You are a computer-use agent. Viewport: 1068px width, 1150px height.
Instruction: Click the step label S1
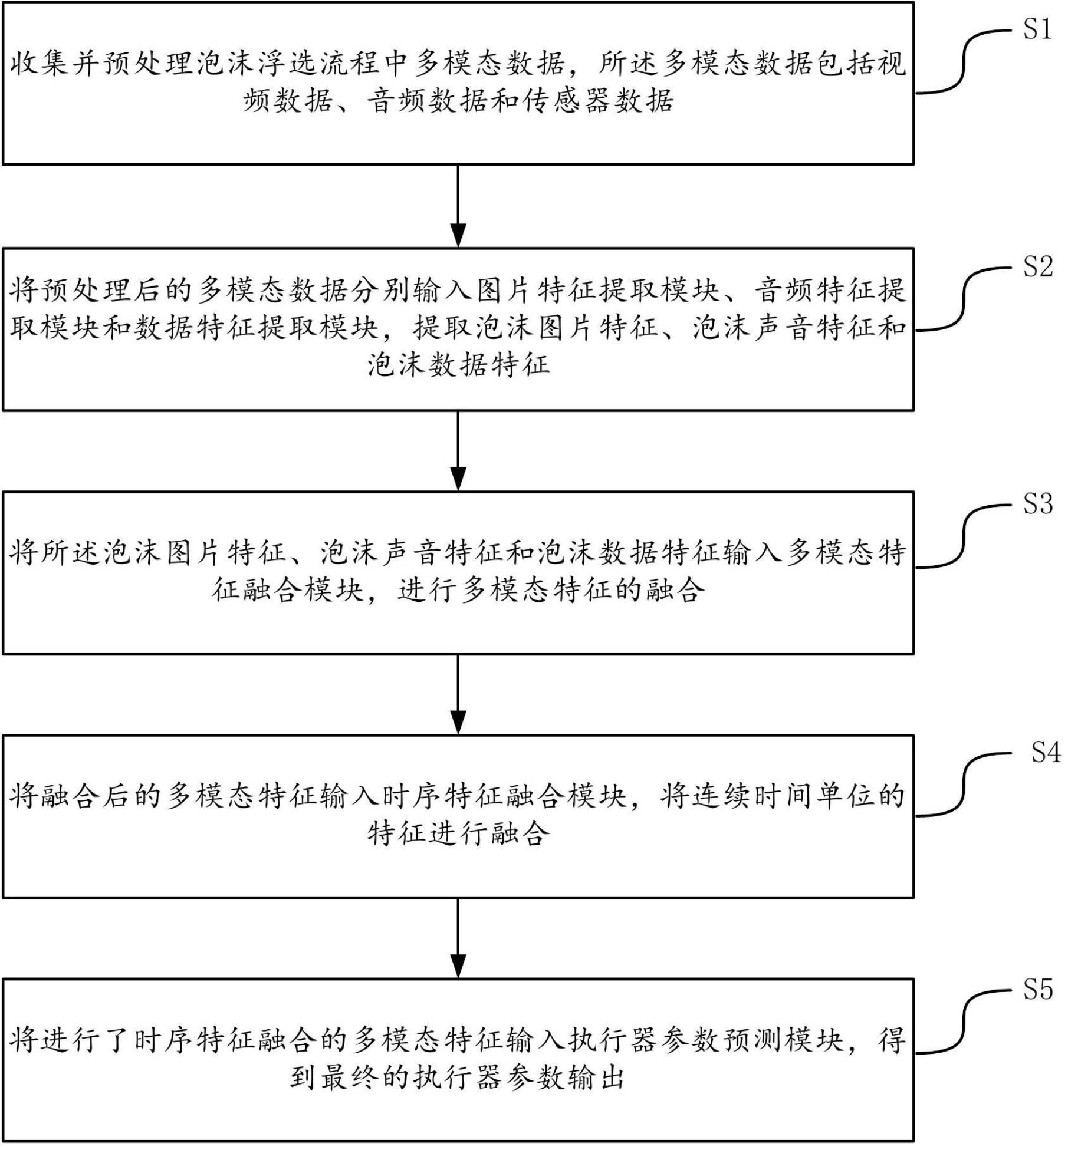click(x=1037, y=29)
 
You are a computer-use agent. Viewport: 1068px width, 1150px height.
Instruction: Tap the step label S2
click(x=1037, y=267)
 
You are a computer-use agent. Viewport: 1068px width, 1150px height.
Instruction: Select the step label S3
click(x=1037, y=505)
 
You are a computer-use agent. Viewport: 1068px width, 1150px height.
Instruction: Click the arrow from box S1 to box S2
click(x=458, y=206)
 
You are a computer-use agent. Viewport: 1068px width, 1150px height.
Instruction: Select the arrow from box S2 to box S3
click(x=458, y=451)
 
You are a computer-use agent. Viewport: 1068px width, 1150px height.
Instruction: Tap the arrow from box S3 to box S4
click(x=458, y=695)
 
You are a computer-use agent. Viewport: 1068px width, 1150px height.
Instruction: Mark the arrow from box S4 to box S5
click(x=458, y=938)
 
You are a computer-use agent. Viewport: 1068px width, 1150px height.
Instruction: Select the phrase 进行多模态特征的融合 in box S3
click(x=551, y=590)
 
